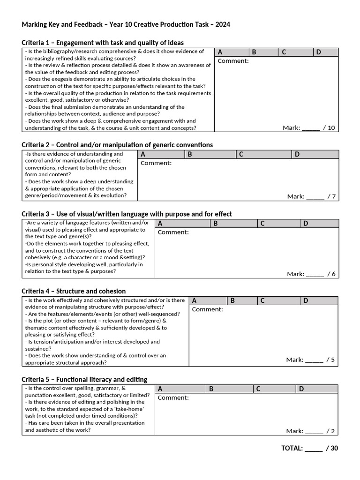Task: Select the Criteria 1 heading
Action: click(x=103, y=43)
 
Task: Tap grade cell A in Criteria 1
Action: click(x=232, y=52)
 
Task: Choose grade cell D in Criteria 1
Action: click(x=325, y=52)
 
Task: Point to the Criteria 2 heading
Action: click(x=117, y=145)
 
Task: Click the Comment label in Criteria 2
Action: click(x=156, y=163)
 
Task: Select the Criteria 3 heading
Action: click(x=127, y=214)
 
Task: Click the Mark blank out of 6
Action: click(x=315, y=274)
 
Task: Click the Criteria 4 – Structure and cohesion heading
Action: click(x=74, y=291)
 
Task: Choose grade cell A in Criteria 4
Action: click(x=208, y=300)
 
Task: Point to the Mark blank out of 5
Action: click(x=314, y=360)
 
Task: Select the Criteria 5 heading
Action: click(x=84, y=379)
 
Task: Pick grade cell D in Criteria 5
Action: click(x=316, y=389)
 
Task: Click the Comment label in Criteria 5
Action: click(x=173, y=397)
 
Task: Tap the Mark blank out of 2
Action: click(x=314, y=431)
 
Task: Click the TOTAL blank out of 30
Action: click(x=313, y=448)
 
